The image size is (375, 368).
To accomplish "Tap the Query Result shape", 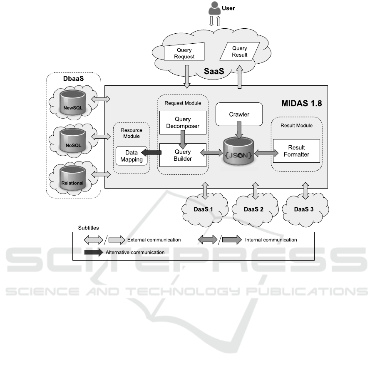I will coord(239,51).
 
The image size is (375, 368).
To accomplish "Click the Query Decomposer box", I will coord(183,122).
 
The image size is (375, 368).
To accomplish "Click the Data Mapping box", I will coord(131,156).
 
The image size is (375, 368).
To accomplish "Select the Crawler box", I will coord(239,114).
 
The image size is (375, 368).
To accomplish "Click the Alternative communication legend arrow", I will coord(94,252).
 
